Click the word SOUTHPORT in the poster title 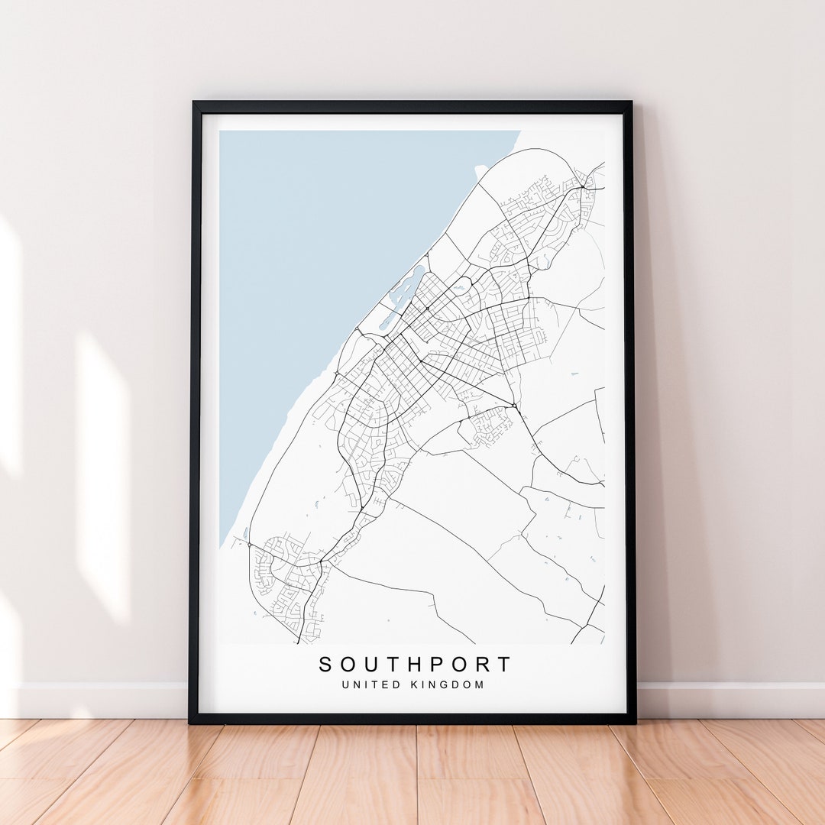(x=415, y=665)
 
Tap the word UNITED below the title (x=370, y=684)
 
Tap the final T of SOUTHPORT (x=504, y=665)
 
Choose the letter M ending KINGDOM (x=480, y=684)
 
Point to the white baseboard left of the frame (x=99, y=700)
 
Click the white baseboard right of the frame (x=726, y=700)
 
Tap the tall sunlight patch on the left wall (x=103, y=474)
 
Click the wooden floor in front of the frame (x=412, y=772)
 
